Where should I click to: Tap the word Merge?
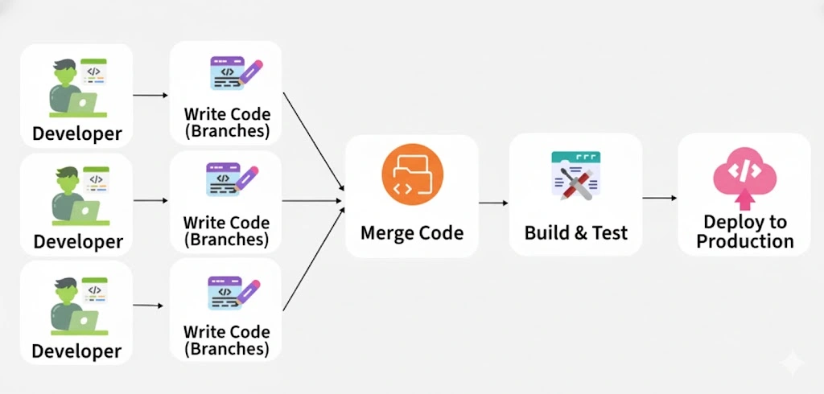(384, 233)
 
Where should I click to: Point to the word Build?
(546, 233)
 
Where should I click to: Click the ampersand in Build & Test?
(581, 233)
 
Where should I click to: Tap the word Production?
(745, 241)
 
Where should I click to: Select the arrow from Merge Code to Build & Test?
(493, 203)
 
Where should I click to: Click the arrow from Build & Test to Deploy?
(659, 197)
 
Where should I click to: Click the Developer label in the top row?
(77, 133)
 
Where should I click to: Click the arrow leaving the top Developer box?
(150, 95)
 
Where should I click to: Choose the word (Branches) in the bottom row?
(227, 349)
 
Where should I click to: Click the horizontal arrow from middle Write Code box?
(313, 200)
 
